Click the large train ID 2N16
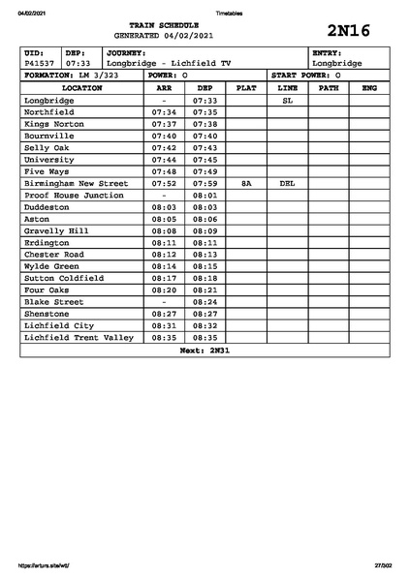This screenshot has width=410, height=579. (349, 29)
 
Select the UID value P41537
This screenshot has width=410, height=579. (41, 63)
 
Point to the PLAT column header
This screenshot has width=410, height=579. (246, 88)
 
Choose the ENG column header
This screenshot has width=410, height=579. (368, 88)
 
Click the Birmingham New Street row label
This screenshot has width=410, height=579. (76, 182)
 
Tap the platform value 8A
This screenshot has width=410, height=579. (246, 182)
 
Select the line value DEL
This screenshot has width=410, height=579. (287, 182)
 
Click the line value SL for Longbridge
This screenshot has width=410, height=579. (287, 100)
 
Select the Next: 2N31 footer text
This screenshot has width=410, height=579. (205, 350)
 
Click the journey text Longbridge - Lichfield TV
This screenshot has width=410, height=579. (169, 63)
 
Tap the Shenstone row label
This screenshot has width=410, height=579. (47, 314)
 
